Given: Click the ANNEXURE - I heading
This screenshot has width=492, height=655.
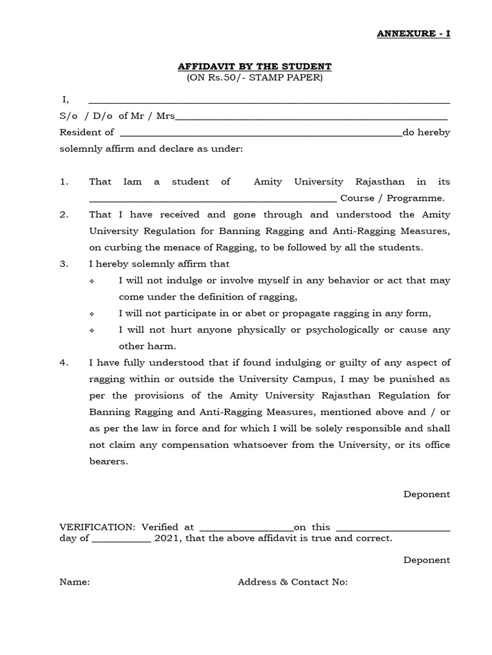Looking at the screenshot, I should [413, 33].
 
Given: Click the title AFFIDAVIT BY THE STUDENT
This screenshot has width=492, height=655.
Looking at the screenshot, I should [254, 67].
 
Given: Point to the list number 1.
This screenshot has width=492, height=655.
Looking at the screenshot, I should [64, 182].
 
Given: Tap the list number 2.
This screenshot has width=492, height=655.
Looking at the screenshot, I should [64, 215].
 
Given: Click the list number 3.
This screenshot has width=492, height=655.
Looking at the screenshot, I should [64, 264].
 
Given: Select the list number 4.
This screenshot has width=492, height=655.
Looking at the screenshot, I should [64, 363].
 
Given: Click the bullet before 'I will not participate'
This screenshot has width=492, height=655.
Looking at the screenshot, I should [94, 313].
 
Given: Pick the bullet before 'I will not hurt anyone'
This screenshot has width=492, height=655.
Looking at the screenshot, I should [94, 330].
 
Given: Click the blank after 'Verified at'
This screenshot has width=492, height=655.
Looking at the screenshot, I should [247, 529].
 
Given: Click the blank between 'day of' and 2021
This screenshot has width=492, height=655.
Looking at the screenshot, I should [122, 541].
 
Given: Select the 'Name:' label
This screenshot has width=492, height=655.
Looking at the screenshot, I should [75, 582].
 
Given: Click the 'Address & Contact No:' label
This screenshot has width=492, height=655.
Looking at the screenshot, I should [293, 582].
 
